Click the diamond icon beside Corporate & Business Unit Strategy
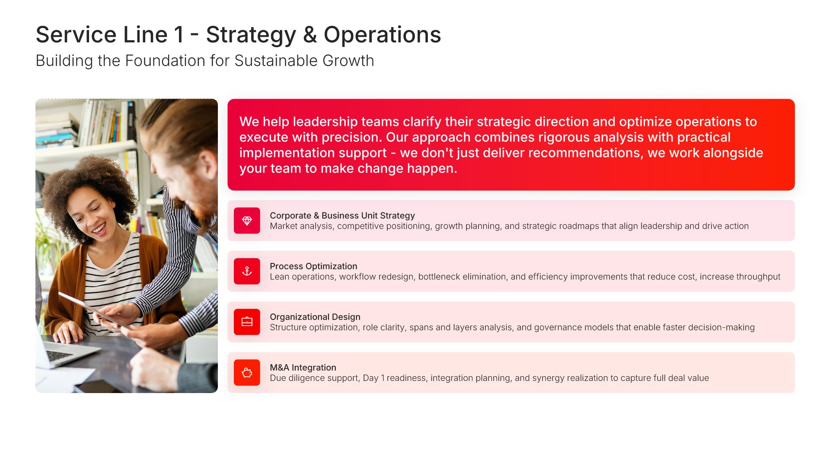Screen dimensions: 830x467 point(247,221)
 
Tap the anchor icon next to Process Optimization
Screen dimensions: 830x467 point(247,271)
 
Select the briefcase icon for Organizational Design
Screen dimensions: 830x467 point(247,322)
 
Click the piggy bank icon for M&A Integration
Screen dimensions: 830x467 point(247,372)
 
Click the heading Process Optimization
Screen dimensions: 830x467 point(313,266)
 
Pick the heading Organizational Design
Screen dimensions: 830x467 point(315,317)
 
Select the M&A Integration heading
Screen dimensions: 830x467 point(303,367)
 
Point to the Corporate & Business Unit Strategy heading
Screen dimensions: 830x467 point(342,215)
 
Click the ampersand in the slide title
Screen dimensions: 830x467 point(310,35)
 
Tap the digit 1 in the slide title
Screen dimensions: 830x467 point(179,35)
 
